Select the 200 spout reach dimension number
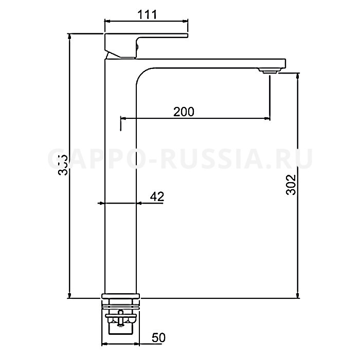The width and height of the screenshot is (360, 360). click(x=184, y=112)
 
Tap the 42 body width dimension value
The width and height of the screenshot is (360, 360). click(x=157, y=196)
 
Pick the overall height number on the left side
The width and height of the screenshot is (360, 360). click(x=62, y=165)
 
